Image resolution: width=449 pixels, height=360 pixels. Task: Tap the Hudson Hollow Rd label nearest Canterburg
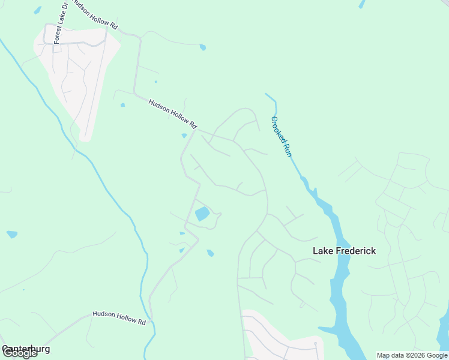coord(119,318)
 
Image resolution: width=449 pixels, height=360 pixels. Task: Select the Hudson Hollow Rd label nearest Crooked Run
coord(173,114)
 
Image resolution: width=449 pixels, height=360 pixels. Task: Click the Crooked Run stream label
coord(281,136)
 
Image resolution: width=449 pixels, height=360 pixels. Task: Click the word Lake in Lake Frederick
coord(323,251)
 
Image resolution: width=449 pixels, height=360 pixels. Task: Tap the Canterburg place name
coord(26,349)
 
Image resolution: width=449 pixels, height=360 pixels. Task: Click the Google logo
coord(20,353)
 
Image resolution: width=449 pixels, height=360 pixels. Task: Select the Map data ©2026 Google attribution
coord(412,355)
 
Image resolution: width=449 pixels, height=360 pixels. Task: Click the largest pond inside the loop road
coord(202,214)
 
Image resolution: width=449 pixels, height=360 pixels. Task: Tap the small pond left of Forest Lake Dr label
coord(38,10)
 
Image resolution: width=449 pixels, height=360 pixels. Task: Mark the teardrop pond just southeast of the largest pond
coord(210,253)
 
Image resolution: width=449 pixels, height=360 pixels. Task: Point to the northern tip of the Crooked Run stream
coord(267,94)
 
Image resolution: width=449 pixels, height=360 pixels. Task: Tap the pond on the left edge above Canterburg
coord(12,234)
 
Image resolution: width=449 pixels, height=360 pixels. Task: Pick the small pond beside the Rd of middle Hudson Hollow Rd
coord(184,136)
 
